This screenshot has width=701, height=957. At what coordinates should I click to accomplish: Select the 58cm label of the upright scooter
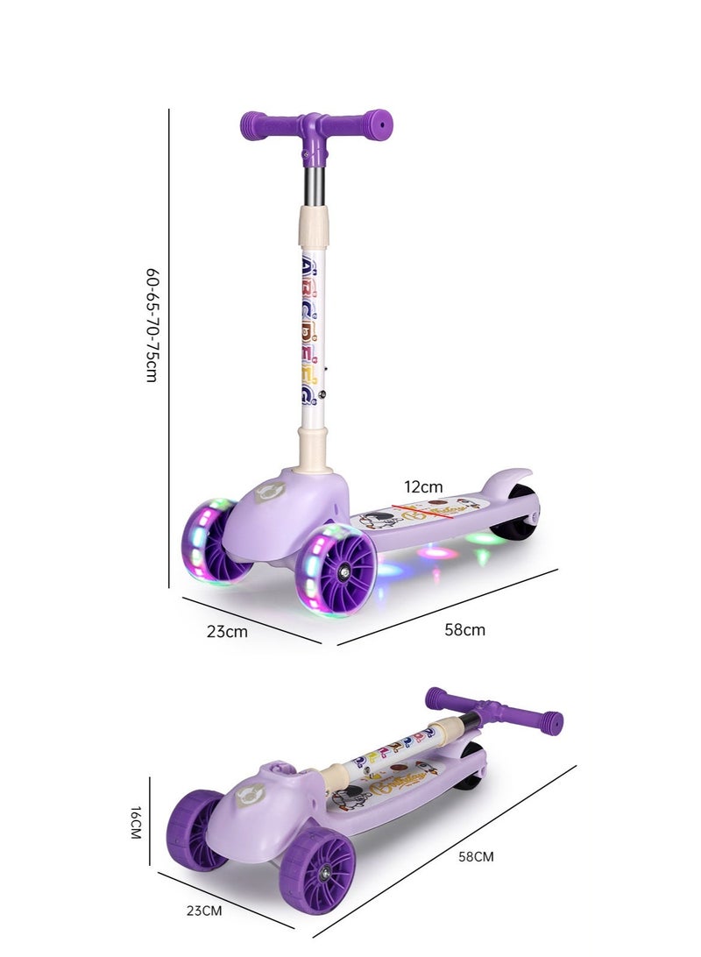465,630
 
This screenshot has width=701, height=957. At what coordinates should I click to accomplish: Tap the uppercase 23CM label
204,911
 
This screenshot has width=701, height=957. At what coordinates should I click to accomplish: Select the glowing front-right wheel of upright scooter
336,571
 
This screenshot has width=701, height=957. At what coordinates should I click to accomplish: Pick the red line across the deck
430,512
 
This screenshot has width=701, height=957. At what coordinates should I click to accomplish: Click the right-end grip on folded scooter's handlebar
551,723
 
